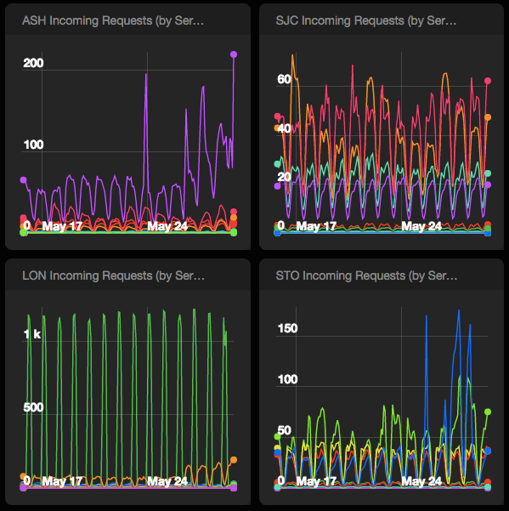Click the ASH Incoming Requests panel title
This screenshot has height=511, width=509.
(113, 20)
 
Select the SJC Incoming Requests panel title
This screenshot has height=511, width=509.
(366, 20)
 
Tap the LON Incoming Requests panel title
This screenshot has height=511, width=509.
(113, 275)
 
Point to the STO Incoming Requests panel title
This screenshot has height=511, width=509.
(366, 275)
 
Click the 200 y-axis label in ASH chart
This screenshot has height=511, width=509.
(33, 63)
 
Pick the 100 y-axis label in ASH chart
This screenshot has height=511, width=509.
(33, 145)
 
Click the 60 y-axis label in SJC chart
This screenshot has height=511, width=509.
(284, 79)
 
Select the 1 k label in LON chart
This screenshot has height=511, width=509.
(32, 334)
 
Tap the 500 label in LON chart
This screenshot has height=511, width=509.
(33, 407)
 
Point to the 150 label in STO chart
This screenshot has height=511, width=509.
(287, 328)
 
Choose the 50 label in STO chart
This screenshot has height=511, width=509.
(284, 430)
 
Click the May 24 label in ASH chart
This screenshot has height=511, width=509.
(167, 226)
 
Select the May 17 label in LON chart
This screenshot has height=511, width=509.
(62, 481)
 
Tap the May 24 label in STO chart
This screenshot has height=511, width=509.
(421, 481)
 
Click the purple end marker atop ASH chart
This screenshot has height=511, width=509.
(234, 54)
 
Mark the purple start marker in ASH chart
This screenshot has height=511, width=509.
(24, 180)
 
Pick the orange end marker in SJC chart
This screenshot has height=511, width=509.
(488, 117)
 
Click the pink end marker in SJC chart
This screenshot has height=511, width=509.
(488, 81)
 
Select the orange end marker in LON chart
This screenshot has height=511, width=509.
(234, 460)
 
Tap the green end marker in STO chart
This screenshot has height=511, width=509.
(488, 412)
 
